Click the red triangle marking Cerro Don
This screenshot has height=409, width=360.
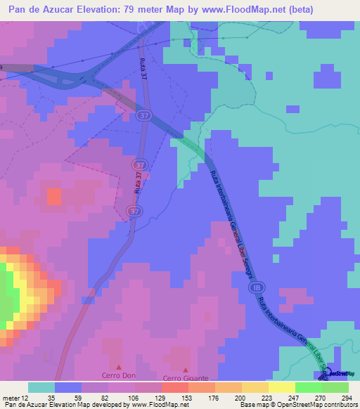[x=118, y=367]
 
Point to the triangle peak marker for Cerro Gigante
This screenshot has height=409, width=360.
[x=186, y=370]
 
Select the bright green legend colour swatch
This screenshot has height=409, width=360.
[x=309, y=387]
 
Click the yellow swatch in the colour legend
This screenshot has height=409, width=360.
[x=282, y=387]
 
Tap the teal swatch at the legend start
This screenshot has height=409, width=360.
[x=41, y=387]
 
